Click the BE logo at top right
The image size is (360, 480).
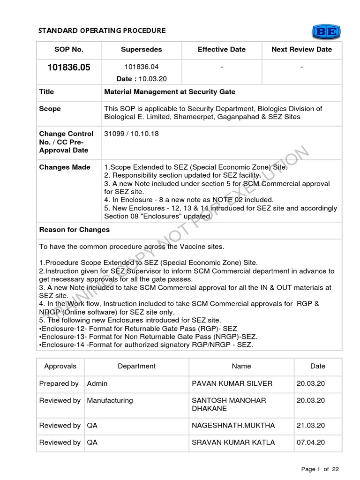coord(326,31)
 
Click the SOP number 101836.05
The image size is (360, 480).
coord(69,67)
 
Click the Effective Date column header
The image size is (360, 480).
coord(222,49)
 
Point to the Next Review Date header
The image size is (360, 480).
coord(301,49)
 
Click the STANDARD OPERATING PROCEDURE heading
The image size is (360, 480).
coord(102,30)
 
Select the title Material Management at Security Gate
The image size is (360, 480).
coord(170,92)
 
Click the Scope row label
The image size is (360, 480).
coord(50,109)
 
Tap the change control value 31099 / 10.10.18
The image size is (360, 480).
coord(131,134)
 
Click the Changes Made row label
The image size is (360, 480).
coord(65,167)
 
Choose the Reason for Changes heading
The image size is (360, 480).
coord(75,230)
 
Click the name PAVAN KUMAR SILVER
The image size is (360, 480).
coord(232,383)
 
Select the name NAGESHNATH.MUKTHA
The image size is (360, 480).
coord(233,426)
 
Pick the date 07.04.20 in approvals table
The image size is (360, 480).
coord(311,442)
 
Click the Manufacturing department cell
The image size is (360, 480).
coord(110,400)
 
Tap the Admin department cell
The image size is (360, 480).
coord(97,383)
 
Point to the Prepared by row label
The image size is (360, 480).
coord(59,383)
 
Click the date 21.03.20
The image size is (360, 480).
coord(311,426)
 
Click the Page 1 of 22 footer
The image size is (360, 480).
coord(320,469)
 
